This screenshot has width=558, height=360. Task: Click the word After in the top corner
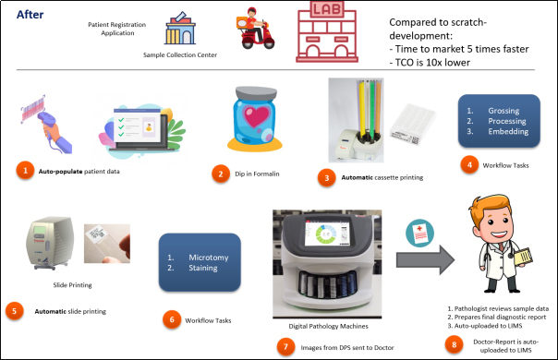(30, 15)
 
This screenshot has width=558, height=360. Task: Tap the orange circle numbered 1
(25, 171)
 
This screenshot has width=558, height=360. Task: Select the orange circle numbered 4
(469, 164)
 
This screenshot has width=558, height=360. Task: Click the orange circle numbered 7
(285, 346)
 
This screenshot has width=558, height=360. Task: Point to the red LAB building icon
(327, 32)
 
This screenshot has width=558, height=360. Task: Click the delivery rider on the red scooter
(255, 28)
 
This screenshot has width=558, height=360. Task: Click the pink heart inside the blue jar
(256, 116)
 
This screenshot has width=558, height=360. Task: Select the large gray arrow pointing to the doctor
(425, 259)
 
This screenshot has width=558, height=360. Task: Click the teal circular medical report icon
(420, 233)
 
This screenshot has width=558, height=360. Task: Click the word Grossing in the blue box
(503, 111)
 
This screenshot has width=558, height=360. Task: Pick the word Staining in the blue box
(203, 268)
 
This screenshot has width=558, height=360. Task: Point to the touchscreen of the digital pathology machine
(327, 233)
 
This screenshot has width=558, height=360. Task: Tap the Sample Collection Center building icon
(180, 28)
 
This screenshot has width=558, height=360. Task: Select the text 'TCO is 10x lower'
(432, 63)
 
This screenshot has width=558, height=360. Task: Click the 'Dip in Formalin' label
(257, 174)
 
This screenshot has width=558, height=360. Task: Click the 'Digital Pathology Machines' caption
(328, 326)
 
